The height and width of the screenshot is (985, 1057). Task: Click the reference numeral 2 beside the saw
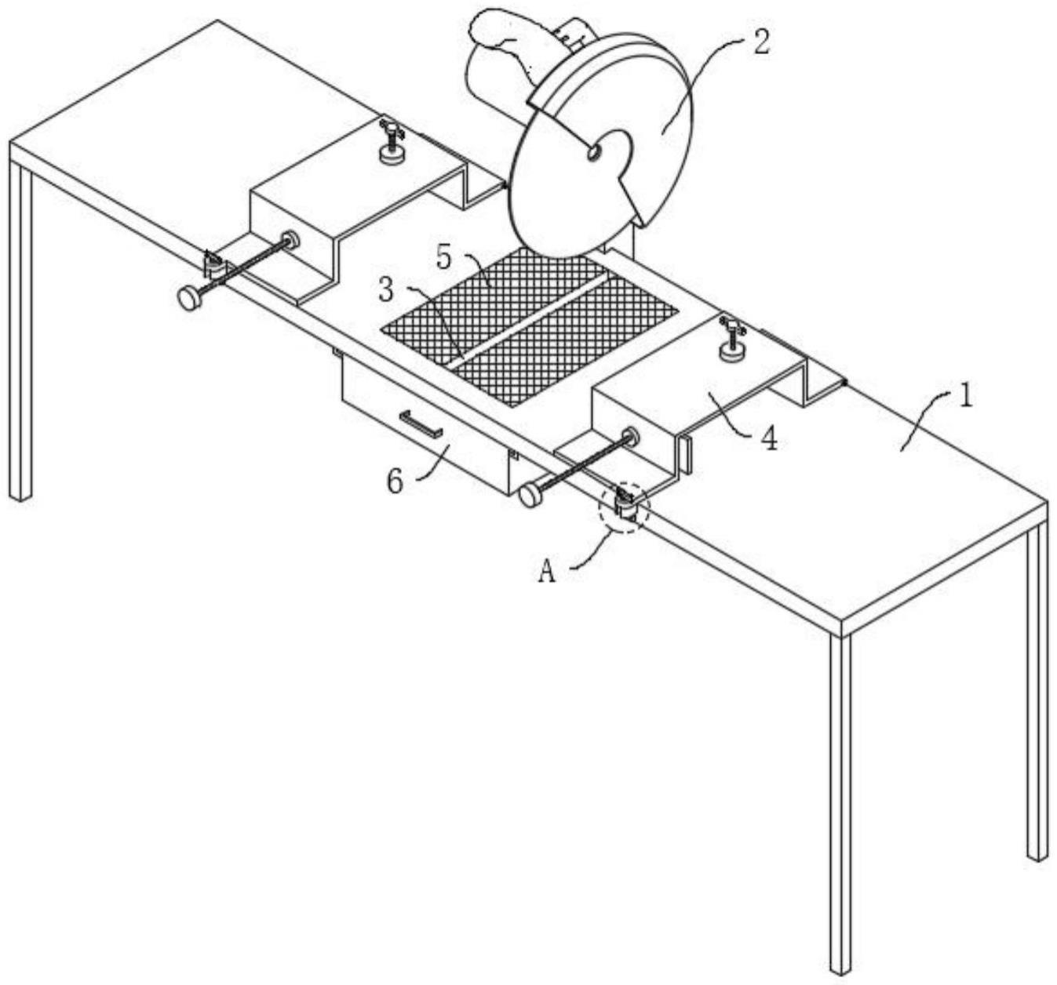click(760, 42)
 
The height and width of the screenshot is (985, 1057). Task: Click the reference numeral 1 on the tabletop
click(966, 396)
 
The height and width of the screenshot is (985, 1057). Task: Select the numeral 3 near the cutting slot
click(386, 289)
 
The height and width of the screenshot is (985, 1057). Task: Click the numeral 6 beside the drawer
click(395, 481)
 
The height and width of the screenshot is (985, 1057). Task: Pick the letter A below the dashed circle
click(547, 572)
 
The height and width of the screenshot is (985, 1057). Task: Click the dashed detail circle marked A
click(624, 507)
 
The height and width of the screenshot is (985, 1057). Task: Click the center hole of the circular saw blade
click(595, 152)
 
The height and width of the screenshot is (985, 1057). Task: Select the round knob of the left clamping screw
click(189, 298)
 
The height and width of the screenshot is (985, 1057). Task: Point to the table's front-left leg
click(20, 329)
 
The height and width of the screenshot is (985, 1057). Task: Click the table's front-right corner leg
click(840, 800)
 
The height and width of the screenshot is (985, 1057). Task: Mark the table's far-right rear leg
click(1037, 690)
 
